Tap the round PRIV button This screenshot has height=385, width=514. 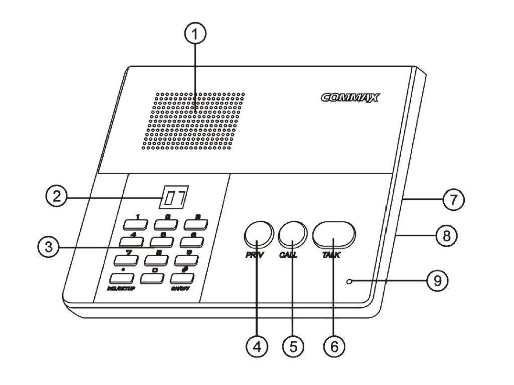258,234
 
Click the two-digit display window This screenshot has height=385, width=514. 172,198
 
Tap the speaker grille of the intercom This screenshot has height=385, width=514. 193,121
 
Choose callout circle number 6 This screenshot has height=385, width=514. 334,346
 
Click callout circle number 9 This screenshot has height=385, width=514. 437,280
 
